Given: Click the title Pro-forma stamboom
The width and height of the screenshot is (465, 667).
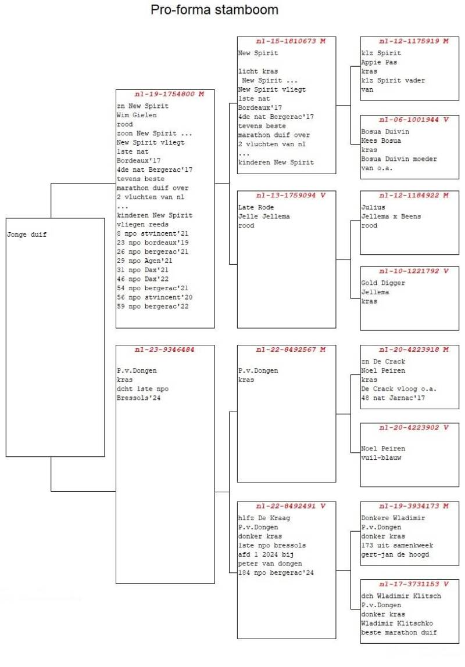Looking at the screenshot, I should click(214, 10).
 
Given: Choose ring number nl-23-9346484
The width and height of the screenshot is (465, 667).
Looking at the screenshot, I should click(164, 350).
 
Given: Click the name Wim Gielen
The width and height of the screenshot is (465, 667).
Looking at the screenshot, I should click(137, 115).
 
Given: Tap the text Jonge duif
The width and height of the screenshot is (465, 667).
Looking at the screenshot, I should click(27, 235).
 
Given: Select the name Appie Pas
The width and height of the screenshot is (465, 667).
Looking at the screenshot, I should click(379, 62).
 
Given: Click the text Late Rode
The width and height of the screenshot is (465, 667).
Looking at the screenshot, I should click(256, 207).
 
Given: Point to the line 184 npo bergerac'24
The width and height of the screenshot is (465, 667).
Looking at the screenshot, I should click(276, 573).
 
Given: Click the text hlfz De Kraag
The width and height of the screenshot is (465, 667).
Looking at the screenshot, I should click(264, 518).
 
